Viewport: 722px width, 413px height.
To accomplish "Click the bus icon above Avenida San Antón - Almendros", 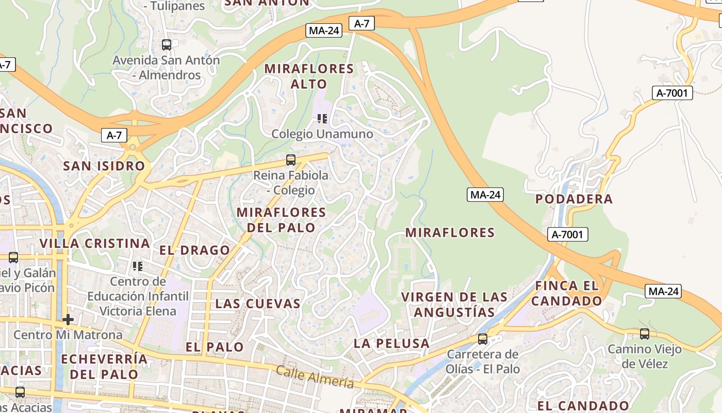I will point(166,45).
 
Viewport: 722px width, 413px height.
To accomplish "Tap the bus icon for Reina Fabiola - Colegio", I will point(291,160).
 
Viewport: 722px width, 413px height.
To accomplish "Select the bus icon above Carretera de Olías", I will point(483,339).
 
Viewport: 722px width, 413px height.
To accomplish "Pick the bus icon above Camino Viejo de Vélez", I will point(645,334).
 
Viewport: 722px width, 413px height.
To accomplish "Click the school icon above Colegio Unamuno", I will point(323,119).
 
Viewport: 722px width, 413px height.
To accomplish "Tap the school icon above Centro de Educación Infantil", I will point(138,266).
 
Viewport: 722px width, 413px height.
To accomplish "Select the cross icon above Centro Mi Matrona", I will point(68,320).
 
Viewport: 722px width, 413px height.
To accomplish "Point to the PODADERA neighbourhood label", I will point(574,199).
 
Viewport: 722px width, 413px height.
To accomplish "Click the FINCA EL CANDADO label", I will point(567,293).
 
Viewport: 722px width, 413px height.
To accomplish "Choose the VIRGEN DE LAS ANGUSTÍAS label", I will point(454,305).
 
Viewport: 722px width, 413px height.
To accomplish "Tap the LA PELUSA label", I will point(391,343).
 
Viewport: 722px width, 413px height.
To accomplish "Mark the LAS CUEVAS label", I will point(258,304).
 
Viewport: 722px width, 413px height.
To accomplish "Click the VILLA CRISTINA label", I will point(95,243).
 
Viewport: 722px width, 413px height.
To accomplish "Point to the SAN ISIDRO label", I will point(104,166).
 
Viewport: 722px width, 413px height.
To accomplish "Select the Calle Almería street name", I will point(315,377).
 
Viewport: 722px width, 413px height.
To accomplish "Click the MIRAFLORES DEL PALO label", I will point(281,220).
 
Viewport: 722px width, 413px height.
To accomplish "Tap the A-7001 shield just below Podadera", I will point(567,235).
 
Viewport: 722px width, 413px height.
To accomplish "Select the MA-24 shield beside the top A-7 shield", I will point(324,30).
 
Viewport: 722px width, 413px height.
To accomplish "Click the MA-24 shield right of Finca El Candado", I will point(663,291).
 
